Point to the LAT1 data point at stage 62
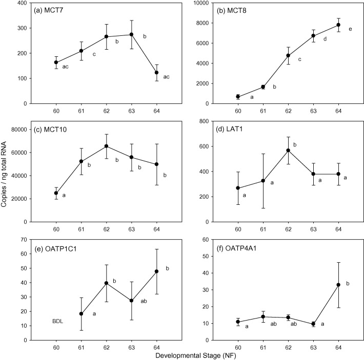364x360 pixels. pyautogui.click(x=288, y=151)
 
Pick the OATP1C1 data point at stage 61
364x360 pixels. pyautogui.click(x=82, y=313)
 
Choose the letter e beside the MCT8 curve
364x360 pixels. pyautogui.click(x=350, y=29)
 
